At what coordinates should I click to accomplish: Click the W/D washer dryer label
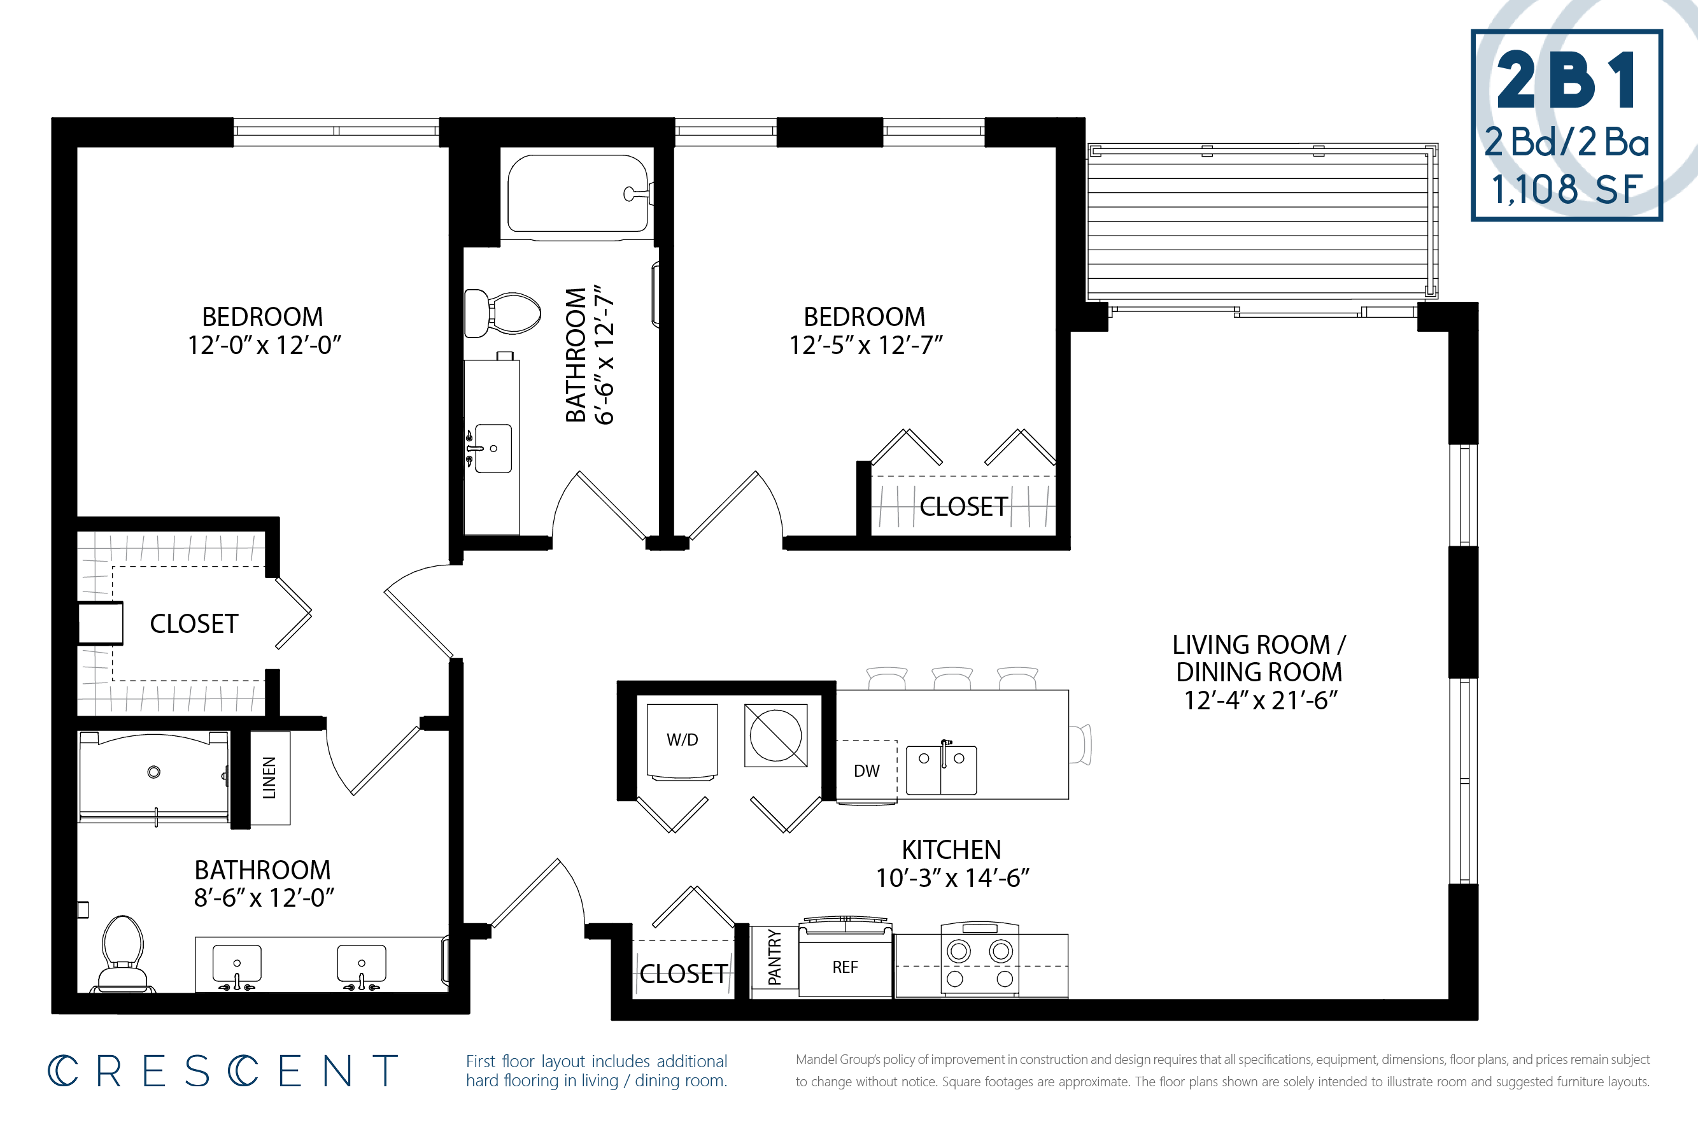click(x=682, y=740)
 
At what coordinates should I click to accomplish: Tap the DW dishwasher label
click(x=867, y=771)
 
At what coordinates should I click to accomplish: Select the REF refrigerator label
click(x=845, y=967)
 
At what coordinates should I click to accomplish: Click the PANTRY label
click(x=775, y=958)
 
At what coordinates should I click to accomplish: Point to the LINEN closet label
click(x=269, y=777)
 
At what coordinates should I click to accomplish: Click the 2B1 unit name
click(x=1566, y=80)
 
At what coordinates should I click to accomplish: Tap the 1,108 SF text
click(x=1566, y=190)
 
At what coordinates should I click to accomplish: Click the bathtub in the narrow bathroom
click(x=579, y=194)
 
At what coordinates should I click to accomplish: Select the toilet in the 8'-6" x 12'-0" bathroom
click(x=122, y=954)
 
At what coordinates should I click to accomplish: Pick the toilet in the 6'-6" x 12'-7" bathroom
click(x=502, y=314)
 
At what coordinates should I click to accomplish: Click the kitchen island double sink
click(x=941, y=770)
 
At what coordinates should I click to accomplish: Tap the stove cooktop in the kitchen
click(x=980, y=960)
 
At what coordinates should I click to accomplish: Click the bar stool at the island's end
click(x=1080, y=744)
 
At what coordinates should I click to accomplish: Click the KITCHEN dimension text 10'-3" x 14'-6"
click(x=952, y=878)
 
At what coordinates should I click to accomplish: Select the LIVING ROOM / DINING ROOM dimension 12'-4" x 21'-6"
click(x=1260, y=700)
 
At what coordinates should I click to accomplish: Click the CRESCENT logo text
click(x=223, y=1071)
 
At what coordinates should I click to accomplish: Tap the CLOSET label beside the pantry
click(x=683, y=974)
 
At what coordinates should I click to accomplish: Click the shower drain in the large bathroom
click(x=153, y=772)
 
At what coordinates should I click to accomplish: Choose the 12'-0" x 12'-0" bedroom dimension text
click(x=264, y=345)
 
